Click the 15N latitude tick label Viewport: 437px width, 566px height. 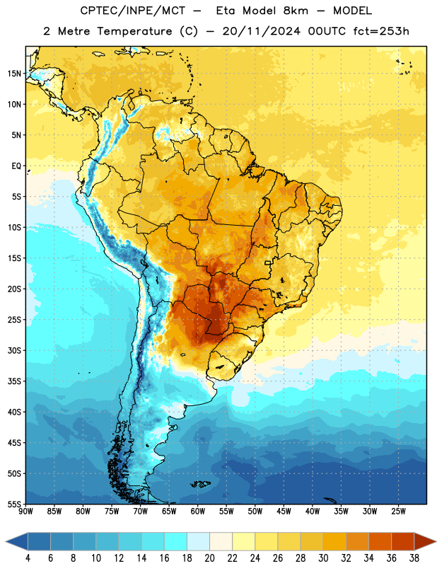click(14, 74)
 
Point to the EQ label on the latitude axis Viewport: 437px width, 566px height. click(16, 166)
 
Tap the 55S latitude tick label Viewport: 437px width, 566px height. click(14, 504)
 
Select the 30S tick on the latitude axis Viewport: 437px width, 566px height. click(14, 350)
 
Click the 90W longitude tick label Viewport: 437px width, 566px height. click(25, 512)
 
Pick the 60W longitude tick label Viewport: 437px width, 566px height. click(198, 512)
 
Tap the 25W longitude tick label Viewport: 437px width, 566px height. click(398, 512)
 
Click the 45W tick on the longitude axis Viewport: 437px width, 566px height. click(284, 512)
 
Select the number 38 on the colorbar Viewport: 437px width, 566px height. click(414, 558)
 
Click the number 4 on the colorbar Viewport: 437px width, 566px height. click(28, 558)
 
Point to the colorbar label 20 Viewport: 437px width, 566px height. click(209, 558)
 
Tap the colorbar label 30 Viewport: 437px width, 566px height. click(323, 558)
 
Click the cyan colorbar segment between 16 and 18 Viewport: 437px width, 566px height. click(175, 541)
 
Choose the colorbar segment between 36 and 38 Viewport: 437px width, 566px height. click(403, 541)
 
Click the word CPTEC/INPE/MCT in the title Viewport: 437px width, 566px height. click(133, 11)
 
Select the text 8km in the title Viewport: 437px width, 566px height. click(296, 11)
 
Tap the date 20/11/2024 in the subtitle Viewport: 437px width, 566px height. click(261, 31)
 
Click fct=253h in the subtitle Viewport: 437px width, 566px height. click(381, 31)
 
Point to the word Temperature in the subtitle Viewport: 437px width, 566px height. click(134, 31)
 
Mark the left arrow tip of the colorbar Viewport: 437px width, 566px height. click(6, 541)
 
